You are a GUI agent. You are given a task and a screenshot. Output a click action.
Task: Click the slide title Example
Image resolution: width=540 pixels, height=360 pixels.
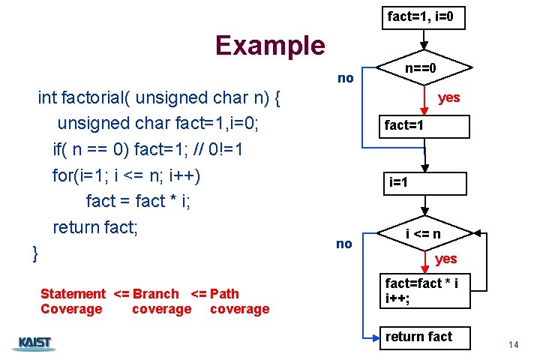coord(270,45)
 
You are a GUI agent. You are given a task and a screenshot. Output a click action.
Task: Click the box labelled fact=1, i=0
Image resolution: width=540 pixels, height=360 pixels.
coord(425,16)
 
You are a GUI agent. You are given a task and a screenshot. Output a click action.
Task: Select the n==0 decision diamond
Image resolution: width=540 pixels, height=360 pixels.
coord(421,70)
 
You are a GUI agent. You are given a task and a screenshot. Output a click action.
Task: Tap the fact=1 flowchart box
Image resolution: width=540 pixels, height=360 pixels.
coord(424,126)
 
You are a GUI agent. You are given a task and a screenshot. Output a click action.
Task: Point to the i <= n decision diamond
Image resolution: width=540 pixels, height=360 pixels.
coord(423,235)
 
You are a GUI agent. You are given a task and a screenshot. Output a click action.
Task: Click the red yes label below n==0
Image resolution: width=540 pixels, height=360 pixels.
coord(448,97)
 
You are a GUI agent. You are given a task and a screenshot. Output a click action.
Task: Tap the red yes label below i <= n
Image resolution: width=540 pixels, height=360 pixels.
coord(445,259)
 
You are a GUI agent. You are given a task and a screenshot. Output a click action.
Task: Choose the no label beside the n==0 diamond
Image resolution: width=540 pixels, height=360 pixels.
coord(346,77)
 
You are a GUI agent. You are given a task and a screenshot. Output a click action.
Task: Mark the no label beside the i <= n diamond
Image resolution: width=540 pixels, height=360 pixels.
coord(344,243)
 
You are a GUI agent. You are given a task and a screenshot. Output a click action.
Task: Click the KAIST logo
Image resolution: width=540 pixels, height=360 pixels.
coord(34,343)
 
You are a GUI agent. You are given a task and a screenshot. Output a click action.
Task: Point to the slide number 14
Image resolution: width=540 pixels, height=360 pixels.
coord(513,344)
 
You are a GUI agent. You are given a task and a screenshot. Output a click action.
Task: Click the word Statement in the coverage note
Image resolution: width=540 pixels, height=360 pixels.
coord(73,294)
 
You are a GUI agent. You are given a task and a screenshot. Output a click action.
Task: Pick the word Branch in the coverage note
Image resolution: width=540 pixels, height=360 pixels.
coord(154,294)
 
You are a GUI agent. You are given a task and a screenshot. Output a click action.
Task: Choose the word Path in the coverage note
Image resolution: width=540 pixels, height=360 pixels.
coord(225,294)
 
